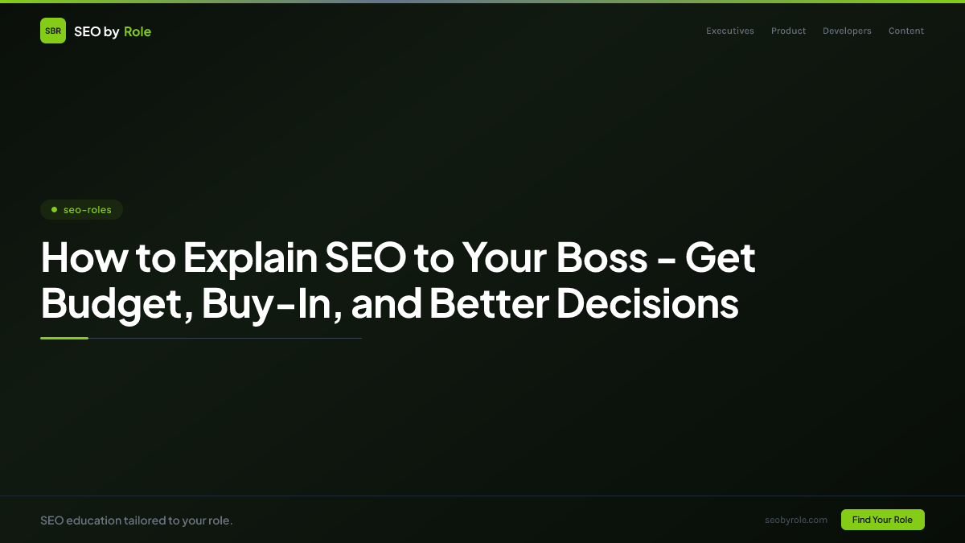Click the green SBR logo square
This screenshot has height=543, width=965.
[x=53, y=31]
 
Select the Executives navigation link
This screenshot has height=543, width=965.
[x=730, y=31]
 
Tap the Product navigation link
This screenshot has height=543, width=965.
[x=788, y=31]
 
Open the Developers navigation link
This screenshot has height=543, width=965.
[x=847, y=31]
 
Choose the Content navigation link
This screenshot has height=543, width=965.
[x=906, y=31]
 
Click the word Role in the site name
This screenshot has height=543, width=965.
[x=138, y=31]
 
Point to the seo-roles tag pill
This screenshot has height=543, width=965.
[x=81, y=210]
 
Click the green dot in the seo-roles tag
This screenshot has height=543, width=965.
[x=54, y=210]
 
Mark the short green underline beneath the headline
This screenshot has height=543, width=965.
[x=64, y=338]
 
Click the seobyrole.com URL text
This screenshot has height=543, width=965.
[x=796, y=520]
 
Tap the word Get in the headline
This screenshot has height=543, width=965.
[x=720, y=258]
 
